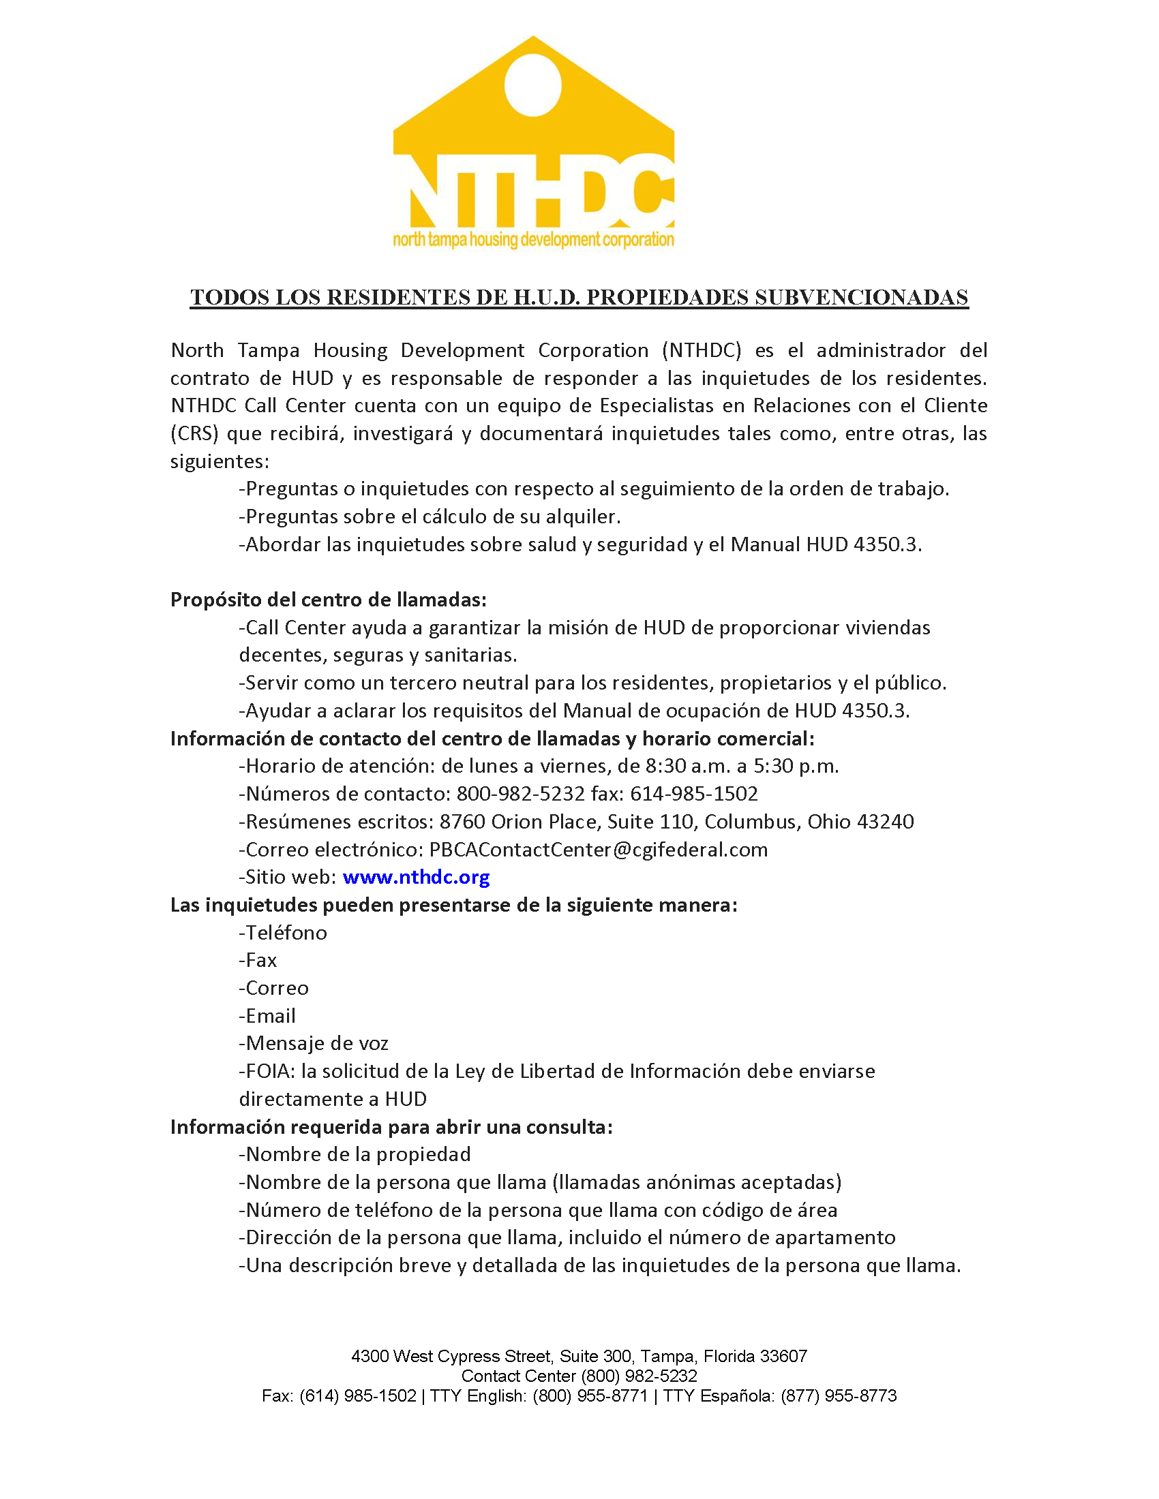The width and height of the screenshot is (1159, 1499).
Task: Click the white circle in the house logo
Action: click(533, 85)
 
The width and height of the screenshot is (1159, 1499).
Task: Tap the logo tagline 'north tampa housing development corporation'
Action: click(533, 240)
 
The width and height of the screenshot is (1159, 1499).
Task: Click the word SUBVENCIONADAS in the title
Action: click(861, 297)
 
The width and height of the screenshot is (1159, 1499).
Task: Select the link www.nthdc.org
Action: click(416, 877)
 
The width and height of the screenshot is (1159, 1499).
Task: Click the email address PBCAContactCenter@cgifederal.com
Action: click(598, 850)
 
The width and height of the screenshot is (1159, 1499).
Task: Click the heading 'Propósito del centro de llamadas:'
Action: click(328, 600)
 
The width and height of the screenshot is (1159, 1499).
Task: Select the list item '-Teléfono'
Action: click(283, 933)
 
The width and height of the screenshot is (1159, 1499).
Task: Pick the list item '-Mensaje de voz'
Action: click(314, 1043)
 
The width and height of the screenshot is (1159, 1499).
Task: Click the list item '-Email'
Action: click(267, 1016)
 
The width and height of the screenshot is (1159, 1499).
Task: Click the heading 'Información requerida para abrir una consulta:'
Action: click(391, 1127)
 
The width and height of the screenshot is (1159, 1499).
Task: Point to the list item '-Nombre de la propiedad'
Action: click(355, 1154)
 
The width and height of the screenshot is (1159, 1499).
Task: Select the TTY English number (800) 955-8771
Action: click(590, 1396)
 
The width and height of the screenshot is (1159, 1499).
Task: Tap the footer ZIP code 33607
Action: click(784, 1356)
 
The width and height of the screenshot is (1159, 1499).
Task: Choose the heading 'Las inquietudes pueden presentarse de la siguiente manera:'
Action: click(454, 906)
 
